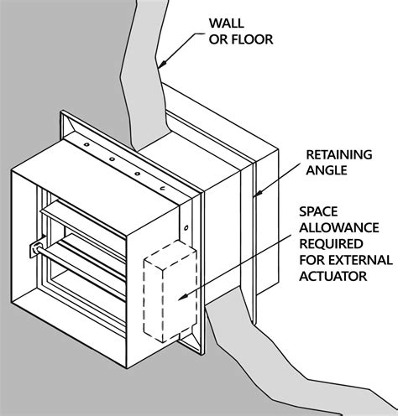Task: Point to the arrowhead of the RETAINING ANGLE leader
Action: point(254,196)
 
